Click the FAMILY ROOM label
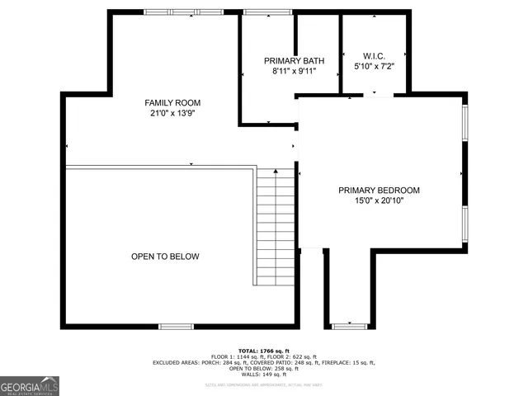click(x=172, y=103)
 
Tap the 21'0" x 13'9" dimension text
click(x=172, y=114)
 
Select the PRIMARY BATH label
click(x=294, y=61)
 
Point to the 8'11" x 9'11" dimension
click(x=294, y=72)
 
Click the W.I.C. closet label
click(x=374, y=55)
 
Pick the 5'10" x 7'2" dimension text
click(x=374, y=66)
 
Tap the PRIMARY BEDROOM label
click(x=379, y=191)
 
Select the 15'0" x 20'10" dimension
click(x=379, y=201)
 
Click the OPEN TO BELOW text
click(x=165, y=257)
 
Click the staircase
click(x=276, y=226)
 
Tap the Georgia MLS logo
click(x=30, y=386)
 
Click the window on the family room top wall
click(x=183, y=12)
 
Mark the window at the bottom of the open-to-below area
click(x=176, y=326)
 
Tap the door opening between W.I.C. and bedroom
click(x=378, y=96)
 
